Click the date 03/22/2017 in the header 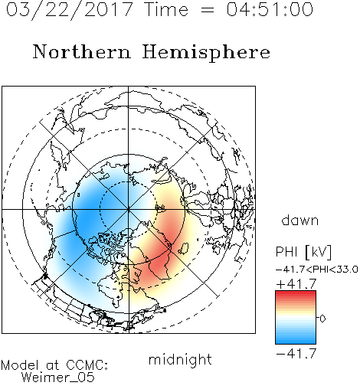[x=70, y=10]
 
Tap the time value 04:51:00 [x=270, y=9]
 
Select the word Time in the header [x=166, y=9]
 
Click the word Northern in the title [x=82, y=51]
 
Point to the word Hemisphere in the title [x=206, y=53]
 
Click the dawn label [x=300, y=220]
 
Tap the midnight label [x=180, y=359]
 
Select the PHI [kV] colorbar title [x=303, y=252]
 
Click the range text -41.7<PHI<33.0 [x=317, y=270]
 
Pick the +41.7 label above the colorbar [x=296, y=284]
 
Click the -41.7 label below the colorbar [x=296, y=353]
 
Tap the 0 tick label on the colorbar [x=322, y=319]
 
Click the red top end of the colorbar [x=296, y=293]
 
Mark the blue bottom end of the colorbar [x=296, y=342]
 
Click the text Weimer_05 [x=58, y=378]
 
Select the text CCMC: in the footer [x=87, y=365]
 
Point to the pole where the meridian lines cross [x=129, y=209]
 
